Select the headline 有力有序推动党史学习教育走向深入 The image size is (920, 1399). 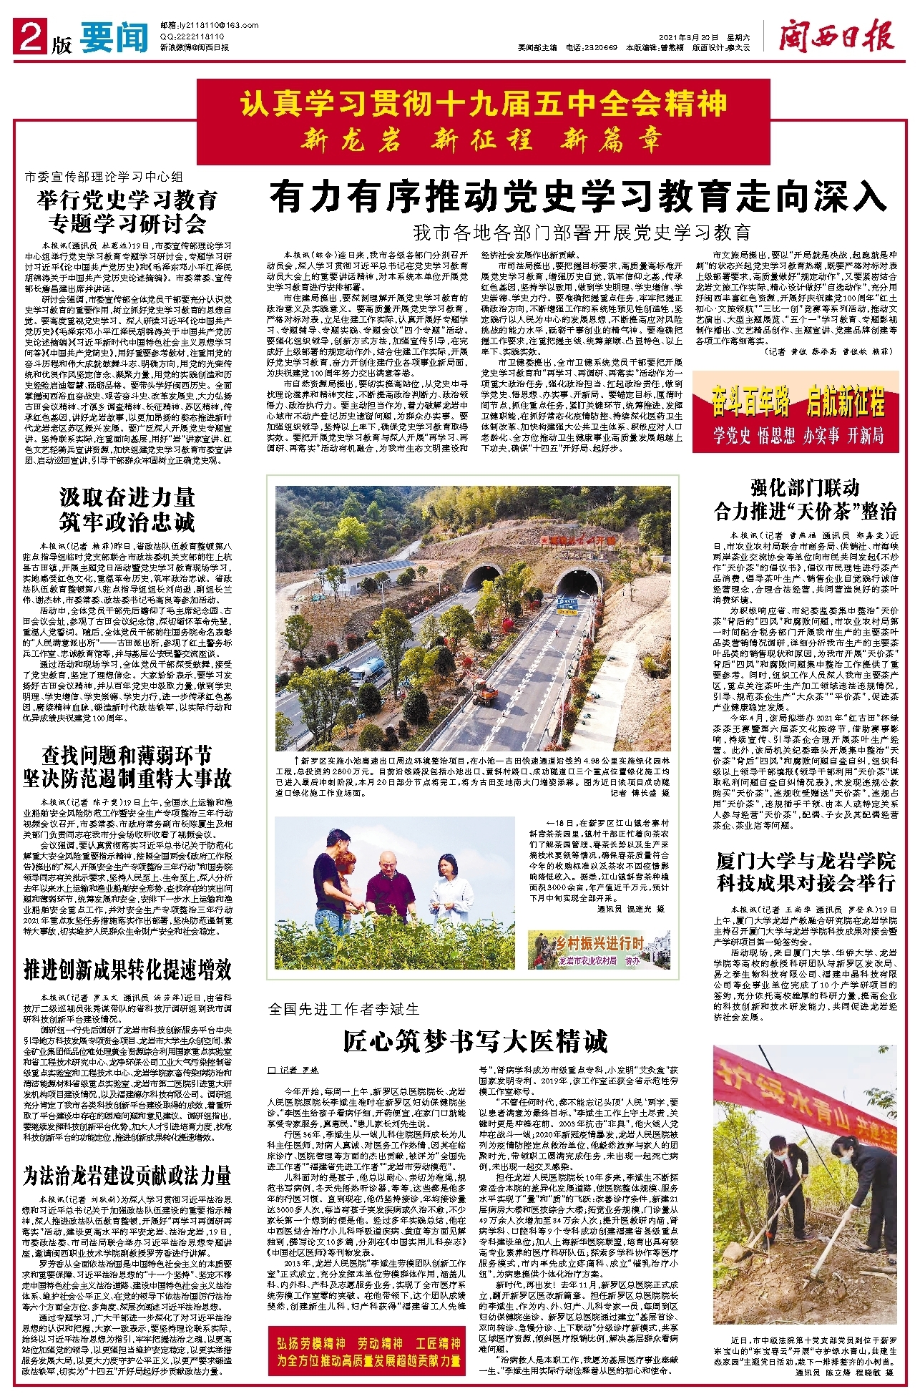click(578, 197)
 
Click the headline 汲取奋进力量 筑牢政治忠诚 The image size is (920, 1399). click(127, 510)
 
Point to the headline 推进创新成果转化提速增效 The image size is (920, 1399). click(127, 969)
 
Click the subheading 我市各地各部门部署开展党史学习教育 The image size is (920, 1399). click(581, 233)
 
